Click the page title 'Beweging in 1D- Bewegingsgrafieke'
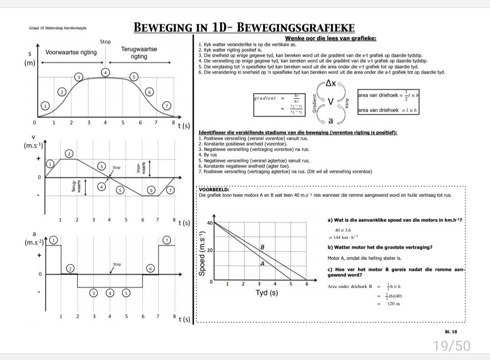[244, 28]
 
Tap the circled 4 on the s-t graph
[106, 73]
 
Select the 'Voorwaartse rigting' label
[71, 52]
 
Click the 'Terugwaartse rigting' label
[139, 53]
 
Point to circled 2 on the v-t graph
[69, 154]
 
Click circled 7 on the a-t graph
[167, 240]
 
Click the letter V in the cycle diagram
[331, 102]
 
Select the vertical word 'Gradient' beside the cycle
[314, 103]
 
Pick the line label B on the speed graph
[262, 247]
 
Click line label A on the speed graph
[262, 263]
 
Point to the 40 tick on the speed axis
[210, 223]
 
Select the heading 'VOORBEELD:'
[214, 190]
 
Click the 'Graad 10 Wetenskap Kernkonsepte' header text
[57, 28]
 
